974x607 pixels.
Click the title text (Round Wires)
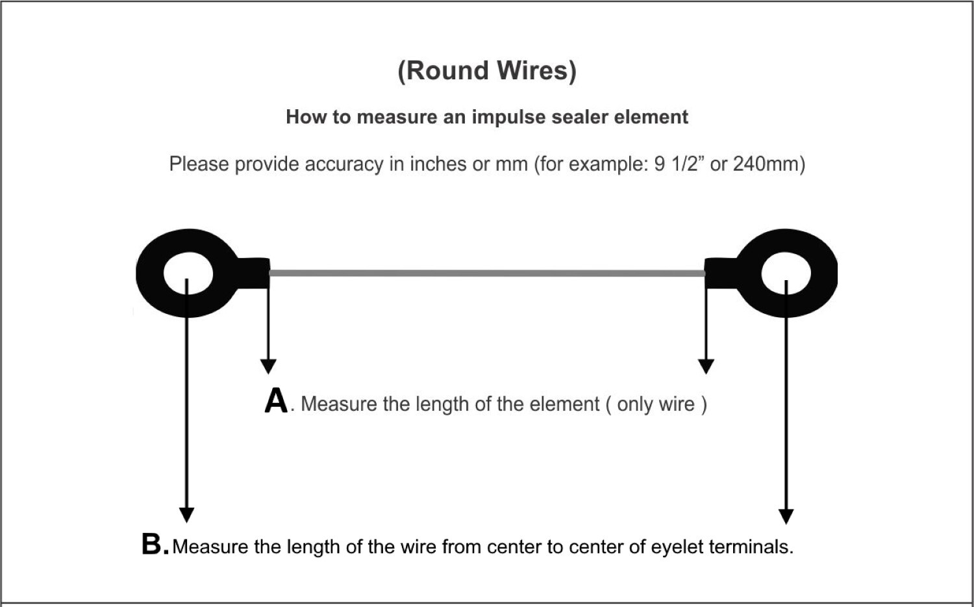pyautogui.click(x=486, y=70)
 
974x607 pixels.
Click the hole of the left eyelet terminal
pyautogui.click(x=188, y=274)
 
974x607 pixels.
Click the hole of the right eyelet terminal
pyautogui.click(x=786, y=274)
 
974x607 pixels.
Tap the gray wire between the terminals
pyautogui.click(x=487, y=273)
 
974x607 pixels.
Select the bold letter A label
pyautogui.click(x=276, y=401)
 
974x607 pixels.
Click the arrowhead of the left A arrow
pyautogui.click(x=268, y=367)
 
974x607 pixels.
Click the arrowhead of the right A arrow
pyautogui.click(x=706, y=367)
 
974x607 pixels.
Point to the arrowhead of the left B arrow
pyautogui.click(x=186, y=515)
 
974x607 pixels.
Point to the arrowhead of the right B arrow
pyautogui.click(x=786, y=516)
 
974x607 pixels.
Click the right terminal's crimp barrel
pyautogui.click(x=720, y=273)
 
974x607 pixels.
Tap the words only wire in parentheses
pyautogui.click(x=656, y=404)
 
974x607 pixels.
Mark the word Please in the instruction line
pyautogui.click(x=199, y=164)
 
